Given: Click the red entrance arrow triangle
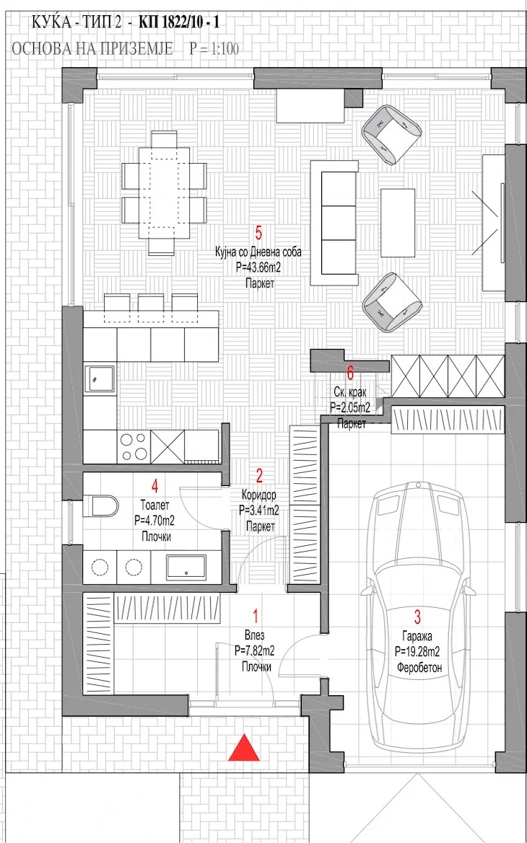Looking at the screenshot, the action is pyautogui.click(x=244, y=748).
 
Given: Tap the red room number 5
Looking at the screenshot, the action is pyautogui.click(x=259, y=234).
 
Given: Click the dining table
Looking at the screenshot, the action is pyautogui.click(x=164, y=193).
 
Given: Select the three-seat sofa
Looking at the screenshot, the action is pyautogui.click(x=334, y=223).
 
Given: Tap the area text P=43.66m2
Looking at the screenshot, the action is pyautogui.click(x=258, y=268).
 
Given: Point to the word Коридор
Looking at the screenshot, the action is pyautogui.click(x=259, y=493).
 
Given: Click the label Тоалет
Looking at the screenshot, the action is pyautogui.click(x=155, y=506).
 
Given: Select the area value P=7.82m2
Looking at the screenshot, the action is pyautogui.click(x=255, y=651).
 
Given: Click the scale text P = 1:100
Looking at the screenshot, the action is pyautogui.click(x=214, y=49).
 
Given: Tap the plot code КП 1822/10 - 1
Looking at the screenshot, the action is pyautogui.click(x=179, y=22).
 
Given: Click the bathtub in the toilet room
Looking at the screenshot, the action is pyautogui.click(x=186, y=568).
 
